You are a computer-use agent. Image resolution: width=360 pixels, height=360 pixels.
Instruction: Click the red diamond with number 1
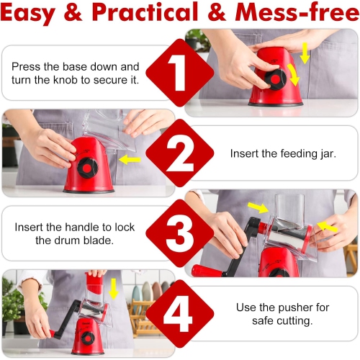point(179,73)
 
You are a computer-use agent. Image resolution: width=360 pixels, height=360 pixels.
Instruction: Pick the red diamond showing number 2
point(179,153)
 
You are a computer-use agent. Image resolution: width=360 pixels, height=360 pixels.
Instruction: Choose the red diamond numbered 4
point(179,315)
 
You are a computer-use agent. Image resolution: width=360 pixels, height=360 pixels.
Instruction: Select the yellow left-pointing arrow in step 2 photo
point(130,159)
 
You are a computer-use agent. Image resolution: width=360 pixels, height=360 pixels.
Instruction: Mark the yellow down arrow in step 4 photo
point(113,289)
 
